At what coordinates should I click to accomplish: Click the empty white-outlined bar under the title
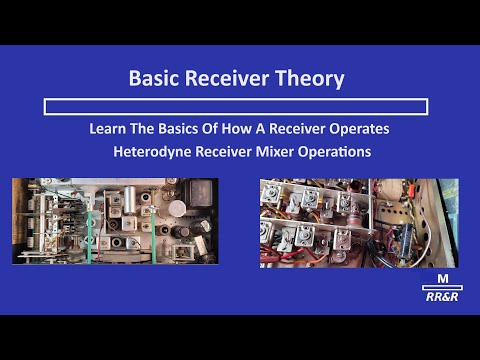click(x=237, y=105)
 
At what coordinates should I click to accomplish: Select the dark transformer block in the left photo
click(x=199, y=190)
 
